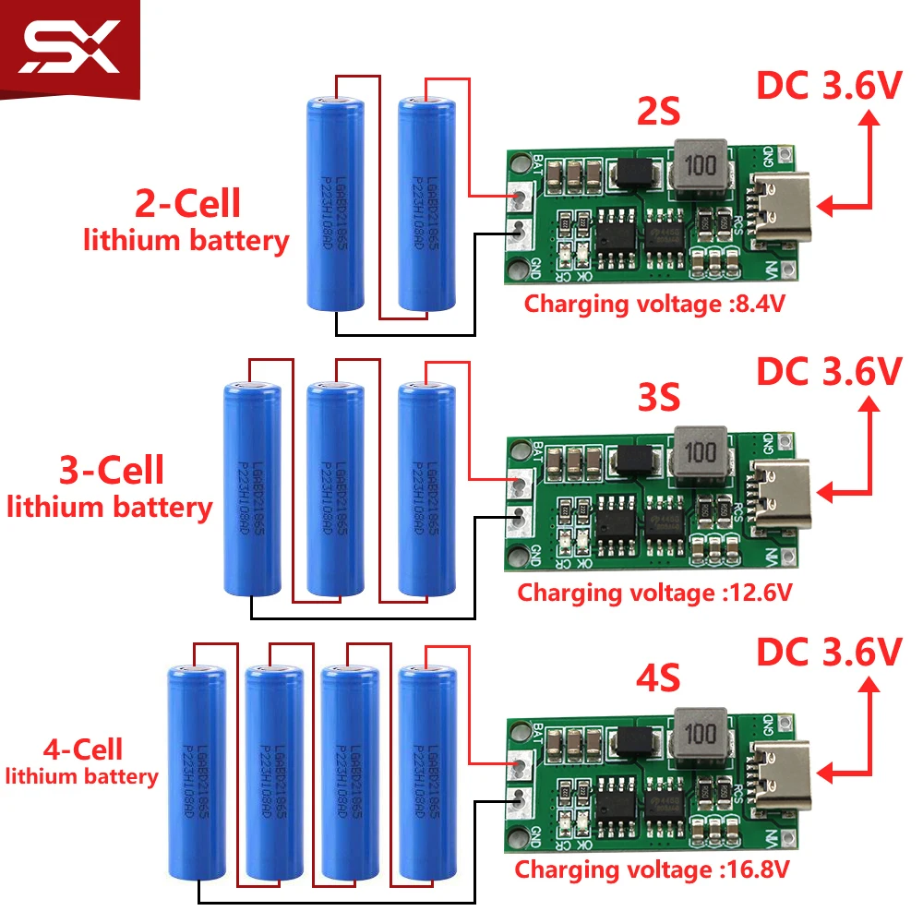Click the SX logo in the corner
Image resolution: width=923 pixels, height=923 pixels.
pyautogui.click(x=72, y=49)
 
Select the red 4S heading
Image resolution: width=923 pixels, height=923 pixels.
pyautogui.click(x=658, y=679)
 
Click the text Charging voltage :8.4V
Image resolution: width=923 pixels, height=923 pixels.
pyautogui.click(x=654, y=304)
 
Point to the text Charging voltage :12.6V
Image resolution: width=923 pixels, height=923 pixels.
pyautogui.click(x=654, y=592)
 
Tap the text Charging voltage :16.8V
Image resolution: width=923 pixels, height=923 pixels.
pyautogui.click(x=652, y=869)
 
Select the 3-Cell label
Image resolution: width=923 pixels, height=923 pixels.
pyautogui.click(x=111, y=471)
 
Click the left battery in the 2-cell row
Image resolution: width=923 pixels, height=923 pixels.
pyautogui.click(x=333, y=203)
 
